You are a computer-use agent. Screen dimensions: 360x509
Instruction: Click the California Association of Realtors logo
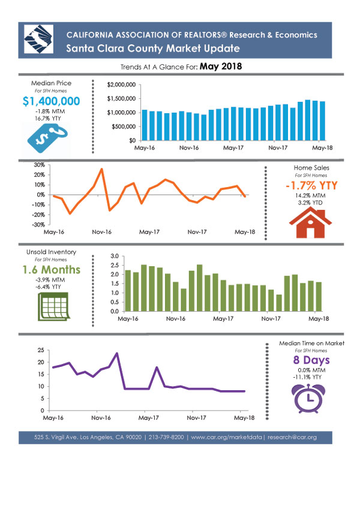38,39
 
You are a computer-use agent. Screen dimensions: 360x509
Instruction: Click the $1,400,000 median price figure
51,101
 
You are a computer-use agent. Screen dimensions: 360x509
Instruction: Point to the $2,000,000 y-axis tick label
121,85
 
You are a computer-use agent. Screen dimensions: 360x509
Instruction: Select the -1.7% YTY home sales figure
311,185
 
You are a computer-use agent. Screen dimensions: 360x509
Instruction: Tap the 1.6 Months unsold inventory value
52,270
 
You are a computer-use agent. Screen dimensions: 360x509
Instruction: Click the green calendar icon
53,306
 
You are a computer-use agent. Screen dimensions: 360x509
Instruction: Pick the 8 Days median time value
311,360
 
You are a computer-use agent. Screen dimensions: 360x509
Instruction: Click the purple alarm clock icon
308,398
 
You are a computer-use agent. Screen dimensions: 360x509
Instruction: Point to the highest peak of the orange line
101,169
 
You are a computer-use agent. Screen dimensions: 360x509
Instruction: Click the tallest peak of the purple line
116,353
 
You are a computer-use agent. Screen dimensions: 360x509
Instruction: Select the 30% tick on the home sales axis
40,165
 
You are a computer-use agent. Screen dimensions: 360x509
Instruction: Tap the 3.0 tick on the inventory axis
115,256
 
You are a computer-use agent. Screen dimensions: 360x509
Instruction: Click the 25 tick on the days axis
41,350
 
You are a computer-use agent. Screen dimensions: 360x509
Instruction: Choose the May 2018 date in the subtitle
221,67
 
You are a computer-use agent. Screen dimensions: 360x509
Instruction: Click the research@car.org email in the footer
292,437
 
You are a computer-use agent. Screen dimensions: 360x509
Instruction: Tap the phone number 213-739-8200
166,437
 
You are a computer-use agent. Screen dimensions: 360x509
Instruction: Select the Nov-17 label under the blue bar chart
278,147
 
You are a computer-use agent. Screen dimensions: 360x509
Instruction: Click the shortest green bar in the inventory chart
279,303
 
